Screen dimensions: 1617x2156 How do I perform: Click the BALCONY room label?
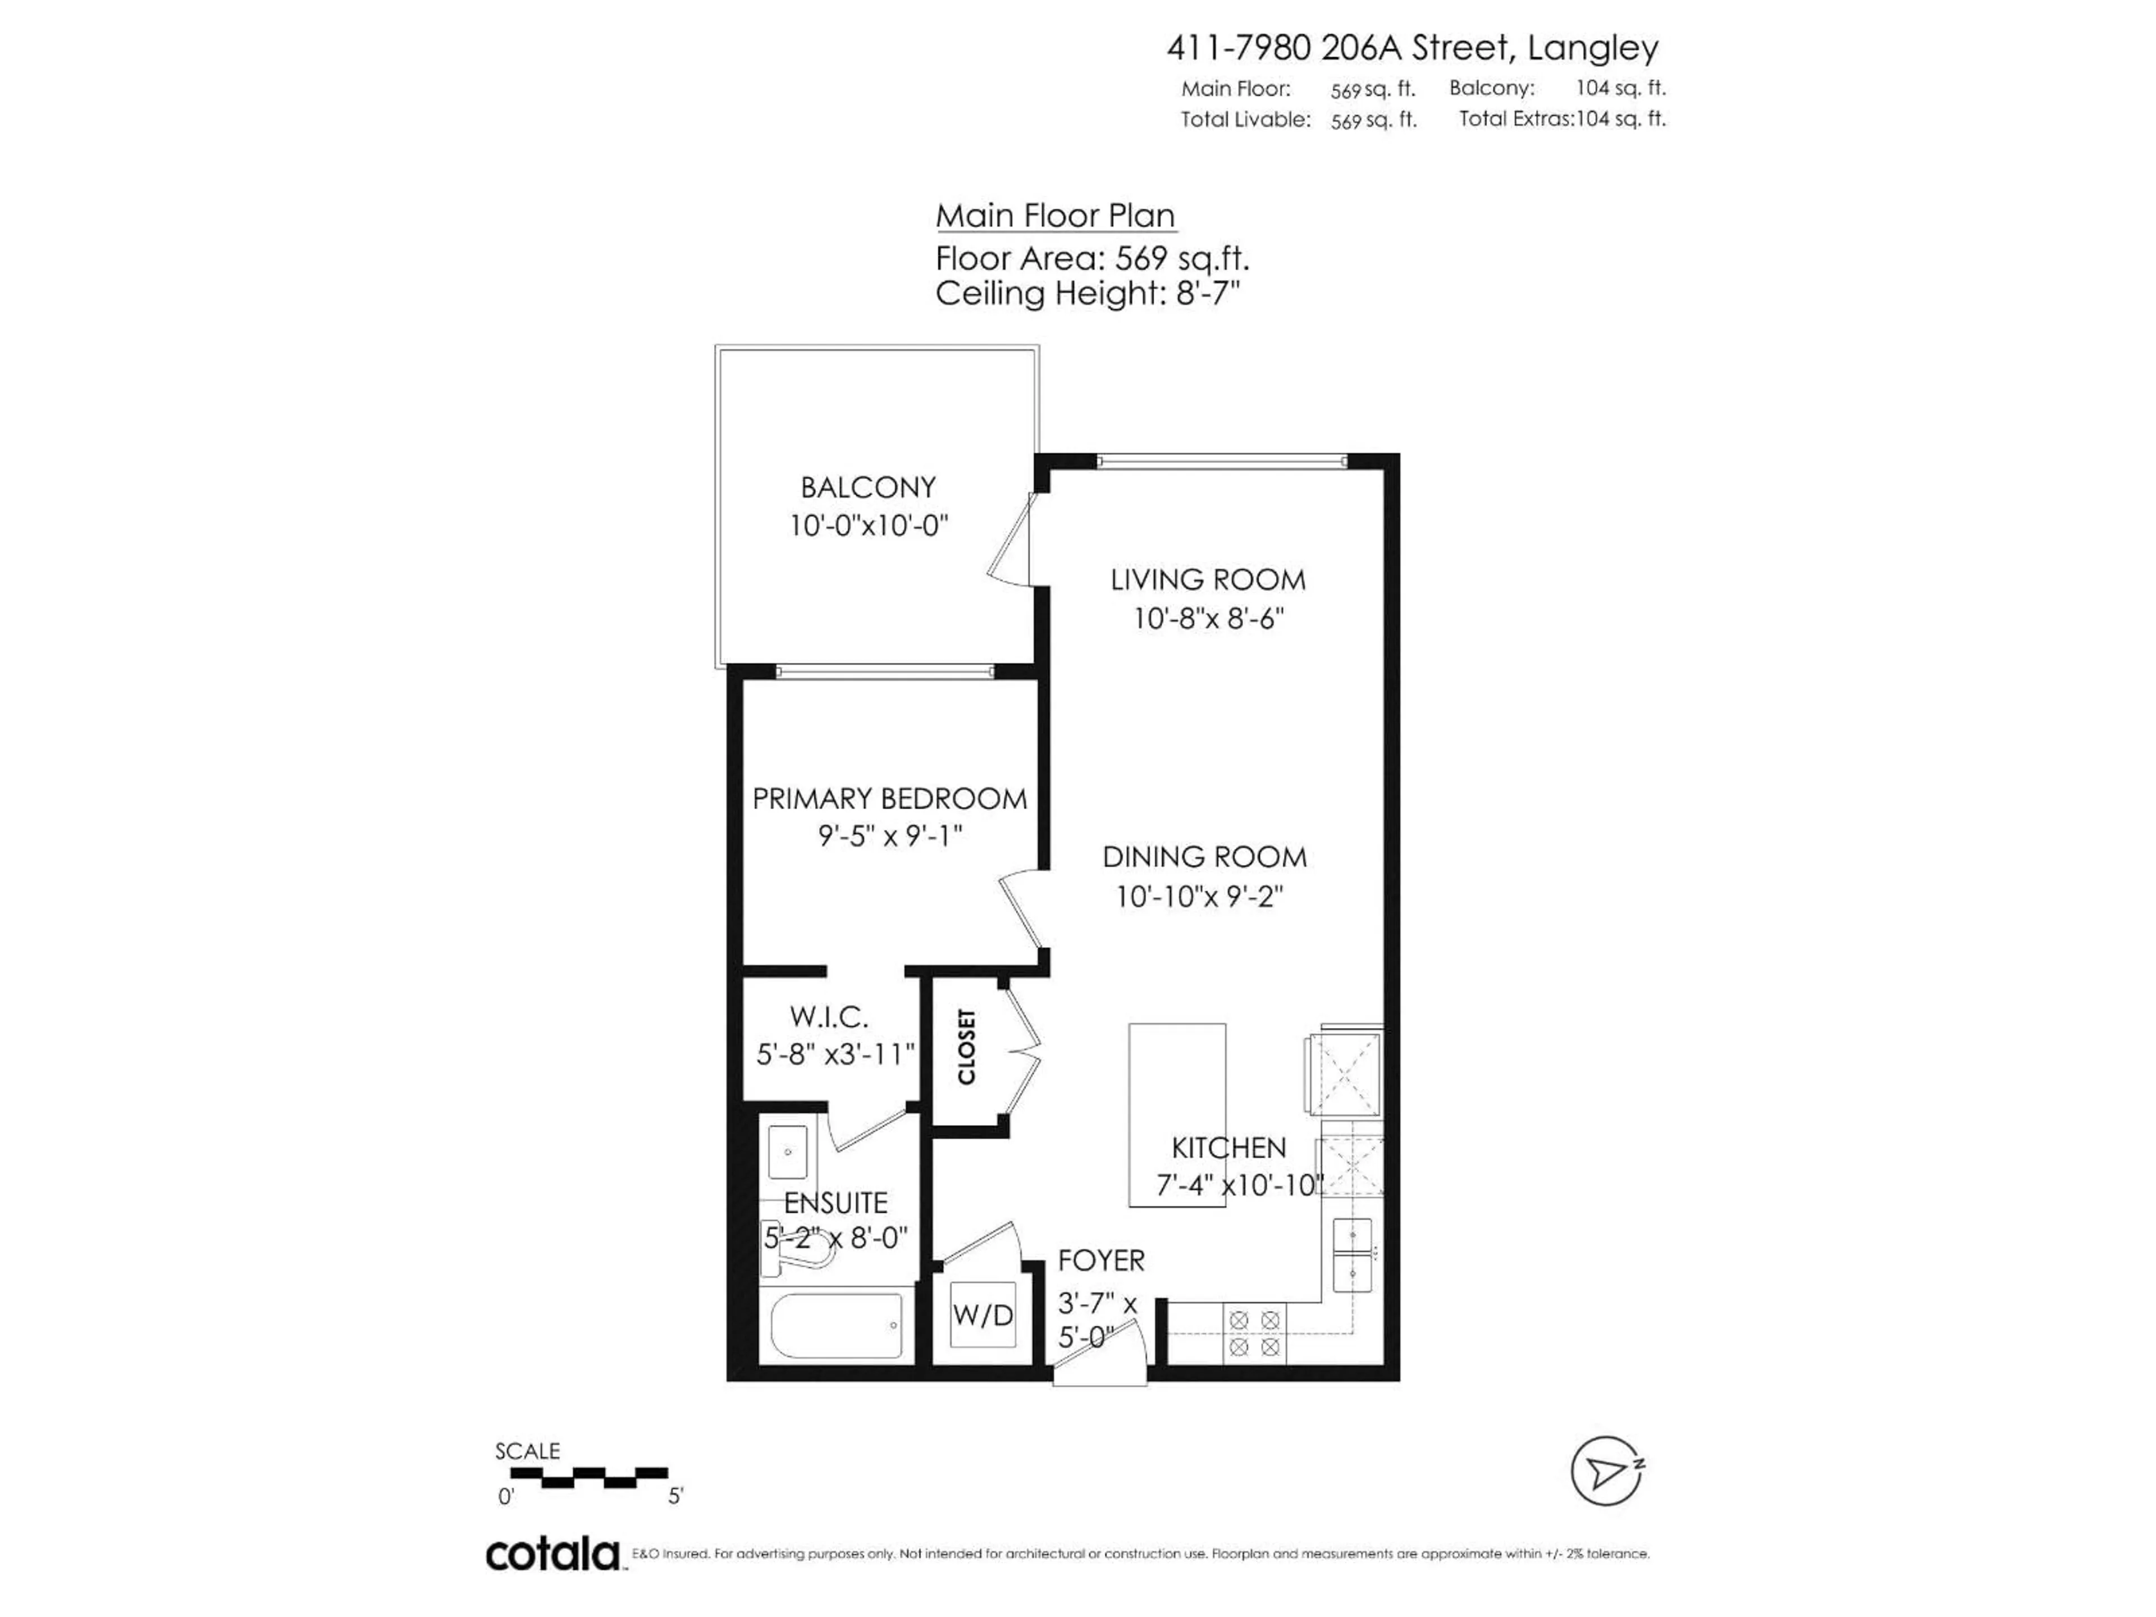pyautogui.click(x=867, y=487)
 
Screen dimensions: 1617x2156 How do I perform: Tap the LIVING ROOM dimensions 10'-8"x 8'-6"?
pyautogui.click(x=1208, y=619)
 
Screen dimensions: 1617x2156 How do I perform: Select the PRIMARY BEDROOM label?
pyautogui.click(x=889, y=800)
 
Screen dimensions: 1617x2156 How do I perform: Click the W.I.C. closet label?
pyautogui.click(x=829, y=1017)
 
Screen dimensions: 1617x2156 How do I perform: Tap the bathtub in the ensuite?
pyautogui.click(x=835, y=1326)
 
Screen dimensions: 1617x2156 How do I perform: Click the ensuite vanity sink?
pyautogui.click(x=788, y=1153)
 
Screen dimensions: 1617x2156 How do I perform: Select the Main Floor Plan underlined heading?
pyautogui.click(x=1056, y=216)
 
